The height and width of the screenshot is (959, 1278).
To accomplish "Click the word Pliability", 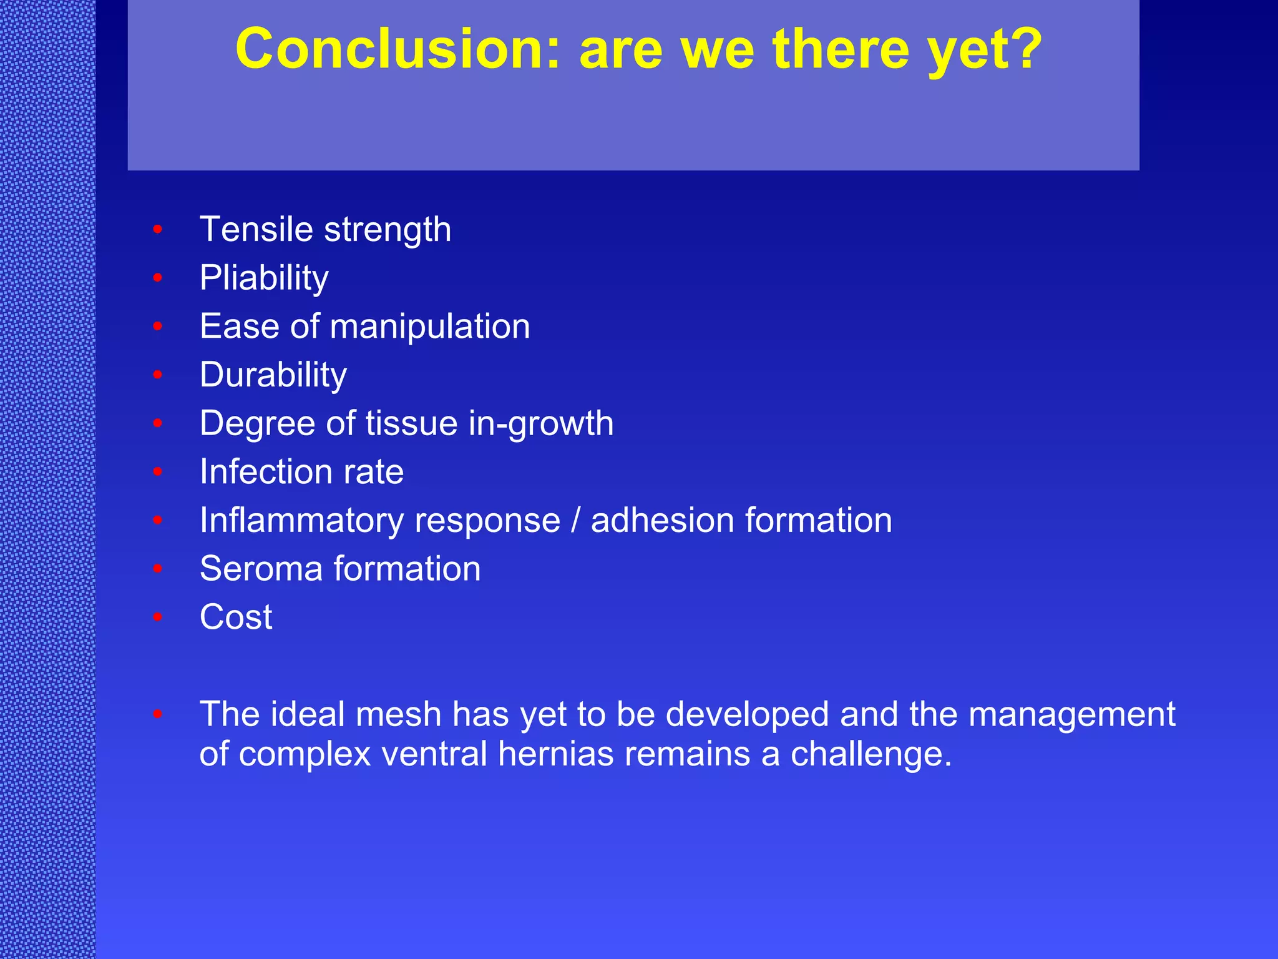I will click(264, 278).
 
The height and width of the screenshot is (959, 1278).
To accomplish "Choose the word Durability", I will click(273, 375).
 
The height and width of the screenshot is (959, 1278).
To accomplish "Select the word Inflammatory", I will click(301, 521).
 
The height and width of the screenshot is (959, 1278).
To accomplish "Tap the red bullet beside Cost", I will click(158, 617).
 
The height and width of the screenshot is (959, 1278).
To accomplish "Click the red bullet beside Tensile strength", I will click(158, 230).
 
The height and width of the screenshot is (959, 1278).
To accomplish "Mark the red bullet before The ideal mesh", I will click(158, 714).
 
